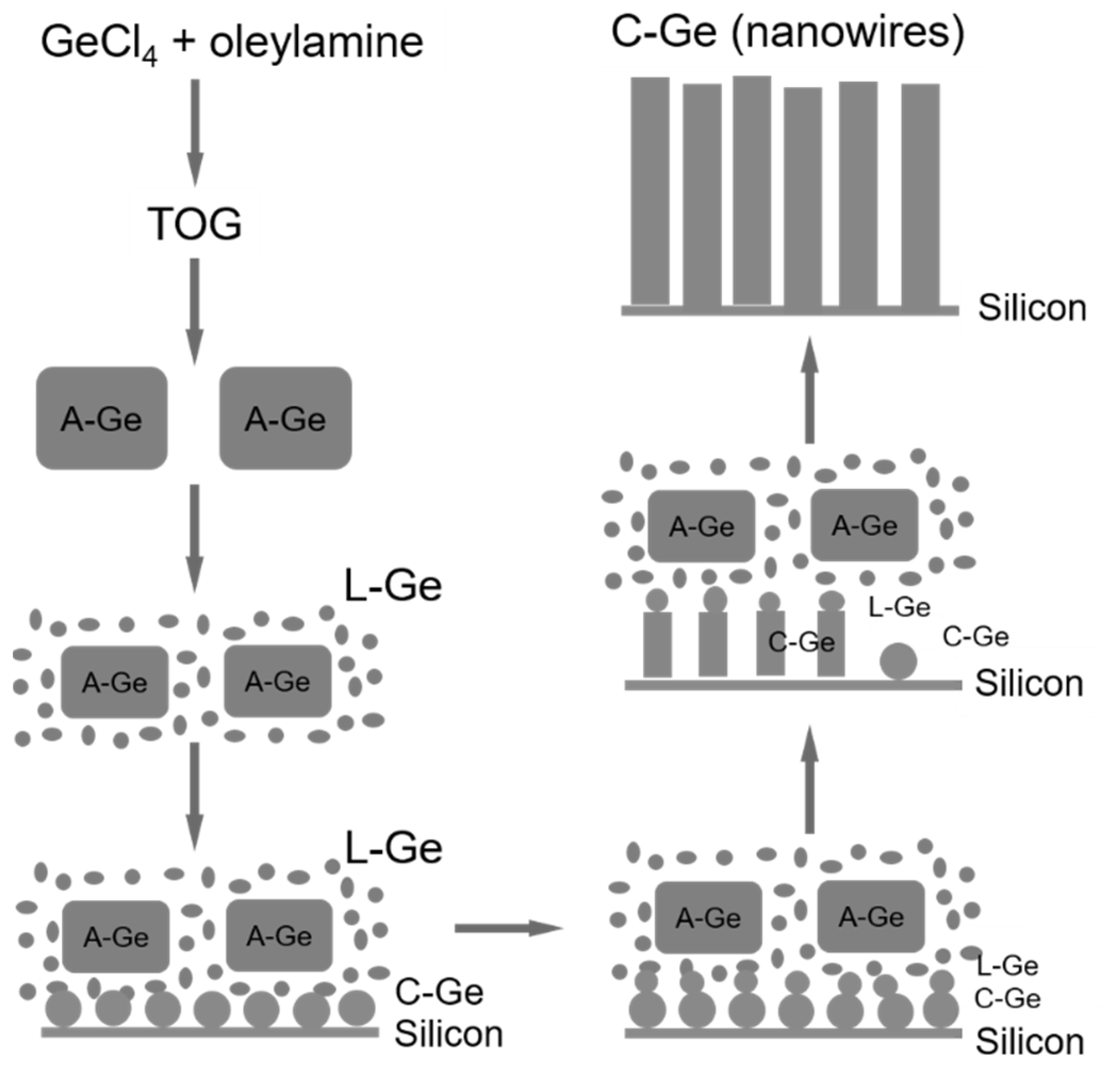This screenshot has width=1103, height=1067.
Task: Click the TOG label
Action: coord(195,224)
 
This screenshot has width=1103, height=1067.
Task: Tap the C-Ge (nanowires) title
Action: coord(788,32)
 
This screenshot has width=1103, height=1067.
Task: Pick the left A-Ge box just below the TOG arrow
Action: coord(102,418)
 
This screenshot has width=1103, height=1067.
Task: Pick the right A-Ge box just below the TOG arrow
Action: coord(285,418)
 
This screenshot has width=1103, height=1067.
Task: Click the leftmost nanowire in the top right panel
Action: coord(650,191)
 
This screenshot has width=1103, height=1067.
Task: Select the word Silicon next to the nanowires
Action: coord(1032,308)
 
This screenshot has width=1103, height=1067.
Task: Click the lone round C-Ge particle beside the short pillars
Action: coord(898,661)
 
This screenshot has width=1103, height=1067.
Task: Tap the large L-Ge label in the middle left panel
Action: coord(393,586)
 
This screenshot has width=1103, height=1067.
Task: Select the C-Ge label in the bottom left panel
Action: coord(439,992)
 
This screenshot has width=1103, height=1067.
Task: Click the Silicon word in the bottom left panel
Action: coord(449,1034)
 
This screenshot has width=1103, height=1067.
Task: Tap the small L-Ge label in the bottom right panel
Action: coord(1007,966)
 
